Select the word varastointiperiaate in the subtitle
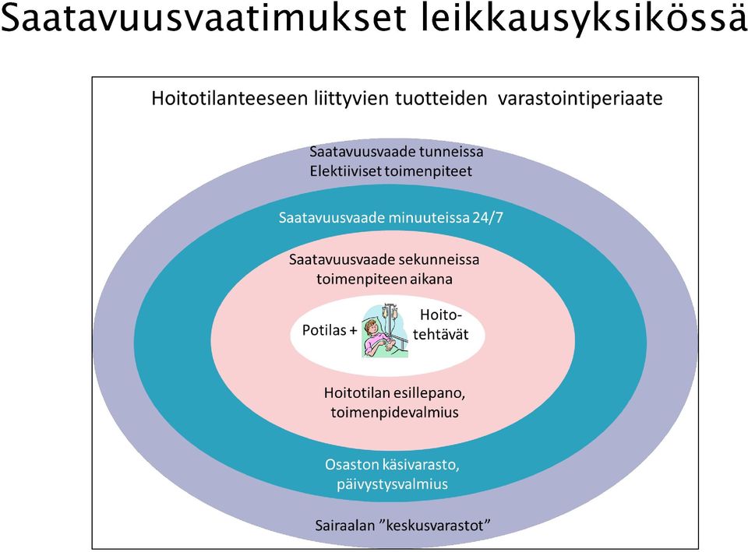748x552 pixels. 580,99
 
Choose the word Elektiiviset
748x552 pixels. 348,171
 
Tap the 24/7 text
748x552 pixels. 488,218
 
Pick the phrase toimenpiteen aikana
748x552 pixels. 384,279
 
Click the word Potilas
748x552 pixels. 324,330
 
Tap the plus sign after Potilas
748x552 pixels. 353,330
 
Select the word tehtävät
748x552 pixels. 441,334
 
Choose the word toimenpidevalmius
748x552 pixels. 394,413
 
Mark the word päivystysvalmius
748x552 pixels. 392,484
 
